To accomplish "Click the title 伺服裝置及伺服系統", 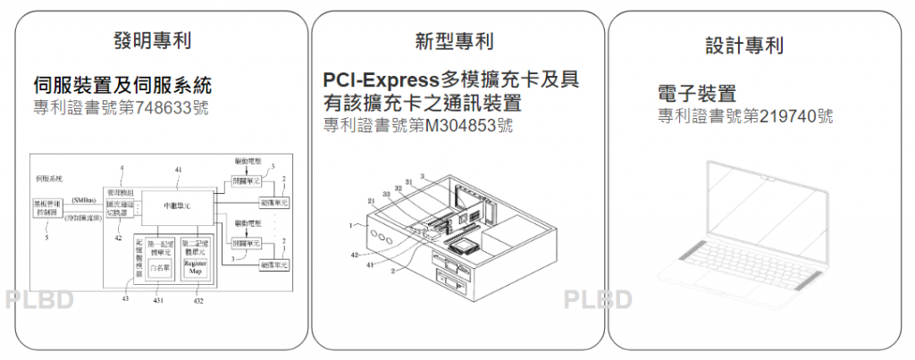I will [x=122, y=87].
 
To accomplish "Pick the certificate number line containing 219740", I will [x=746, y=116].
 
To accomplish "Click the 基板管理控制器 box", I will [x=46, y=208].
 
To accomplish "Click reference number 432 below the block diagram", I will [x=198, y=300].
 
